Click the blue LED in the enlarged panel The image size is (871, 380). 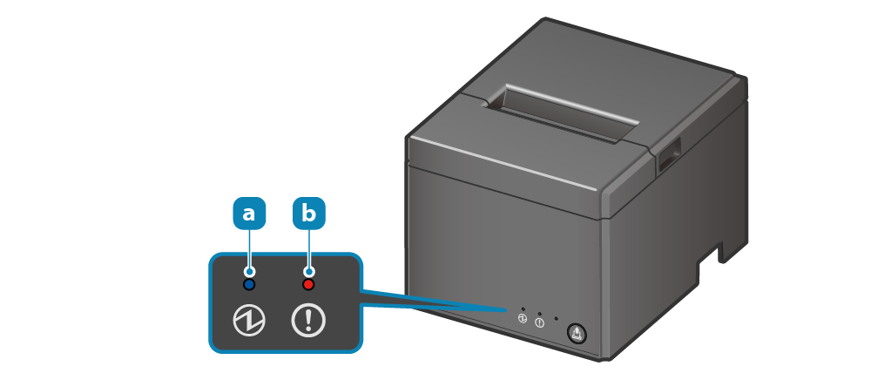click(249, 284)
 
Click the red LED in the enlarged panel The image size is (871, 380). click(307, 284)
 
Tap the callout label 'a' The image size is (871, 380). click(249, 213)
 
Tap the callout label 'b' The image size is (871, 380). click(307, 213)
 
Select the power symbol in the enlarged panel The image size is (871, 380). click(249, 321)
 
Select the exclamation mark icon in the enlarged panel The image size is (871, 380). click(307, 321)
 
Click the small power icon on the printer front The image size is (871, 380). click(523, 319)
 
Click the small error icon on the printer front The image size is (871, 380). click(540, 323)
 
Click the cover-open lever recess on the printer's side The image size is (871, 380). click(669, 157)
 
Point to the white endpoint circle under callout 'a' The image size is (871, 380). click(249, 272)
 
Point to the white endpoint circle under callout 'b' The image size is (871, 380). click(307, 272)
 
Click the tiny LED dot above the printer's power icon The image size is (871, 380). click(523, 309)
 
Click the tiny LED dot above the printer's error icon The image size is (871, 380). click(540, 314)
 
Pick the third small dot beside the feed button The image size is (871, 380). click(557, 318)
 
